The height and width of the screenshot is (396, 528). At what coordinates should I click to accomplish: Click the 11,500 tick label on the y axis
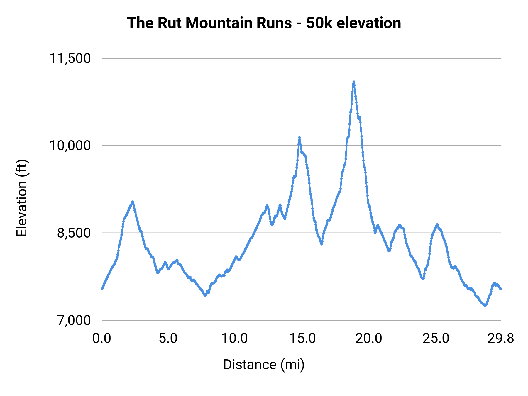tap(70, 58)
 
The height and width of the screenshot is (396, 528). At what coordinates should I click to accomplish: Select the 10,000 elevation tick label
tap(70, 145)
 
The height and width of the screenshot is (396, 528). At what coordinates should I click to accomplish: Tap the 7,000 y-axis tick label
tap(74, 320)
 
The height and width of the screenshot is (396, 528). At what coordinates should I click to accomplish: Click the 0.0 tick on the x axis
tap(102, 339)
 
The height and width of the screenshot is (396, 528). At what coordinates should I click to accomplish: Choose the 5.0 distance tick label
tap(168, 339)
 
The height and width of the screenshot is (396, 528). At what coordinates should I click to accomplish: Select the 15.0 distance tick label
tap(302, 339)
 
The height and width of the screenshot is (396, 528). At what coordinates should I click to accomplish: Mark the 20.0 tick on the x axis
tap(369, 339)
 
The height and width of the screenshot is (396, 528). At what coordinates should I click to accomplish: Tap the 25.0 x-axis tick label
tap(436, 339)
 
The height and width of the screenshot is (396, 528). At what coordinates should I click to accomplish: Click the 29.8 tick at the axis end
tap(501, 339)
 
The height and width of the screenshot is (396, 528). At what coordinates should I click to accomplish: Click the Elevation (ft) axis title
tap(22, 198)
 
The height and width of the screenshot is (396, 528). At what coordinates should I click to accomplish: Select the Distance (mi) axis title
tap(264, 365)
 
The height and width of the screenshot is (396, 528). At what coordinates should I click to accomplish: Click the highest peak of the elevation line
tap(354, 82)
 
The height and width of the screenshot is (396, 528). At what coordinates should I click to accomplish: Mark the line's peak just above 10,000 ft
tap(299, 137)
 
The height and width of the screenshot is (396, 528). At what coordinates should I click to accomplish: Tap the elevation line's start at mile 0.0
tap(102, 289)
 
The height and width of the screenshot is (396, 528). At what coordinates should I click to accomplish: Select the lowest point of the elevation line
tap(485, 305)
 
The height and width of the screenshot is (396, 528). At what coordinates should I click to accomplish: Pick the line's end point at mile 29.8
tap(501, 289)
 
